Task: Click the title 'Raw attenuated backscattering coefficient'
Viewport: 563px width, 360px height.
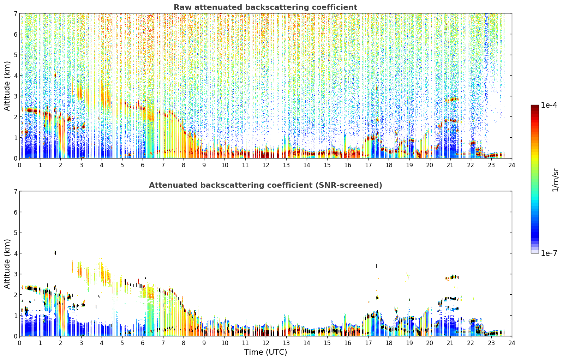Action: click(x=265, y=7)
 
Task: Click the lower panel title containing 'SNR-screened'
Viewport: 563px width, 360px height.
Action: click(x=265, y=185)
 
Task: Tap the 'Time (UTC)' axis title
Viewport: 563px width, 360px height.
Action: click(x=265, y=352)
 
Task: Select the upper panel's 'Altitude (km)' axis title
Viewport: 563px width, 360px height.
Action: click(x=7, y=86)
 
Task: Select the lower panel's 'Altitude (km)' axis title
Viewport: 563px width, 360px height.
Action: click(x=7, y=264)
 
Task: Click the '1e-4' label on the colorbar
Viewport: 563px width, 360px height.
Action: click(x=549, y=105)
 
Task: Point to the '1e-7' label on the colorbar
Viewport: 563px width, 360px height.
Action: click(x=549, y=253)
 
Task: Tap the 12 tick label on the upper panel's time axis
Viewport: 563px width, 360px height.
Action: click(x=266, y=165)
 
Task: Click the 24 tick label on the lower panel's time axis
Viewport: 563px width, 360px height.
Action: click(x=512, y=343)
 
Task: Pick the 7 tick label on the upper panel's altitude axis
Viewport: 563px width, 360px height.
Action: click(x=16, y=13)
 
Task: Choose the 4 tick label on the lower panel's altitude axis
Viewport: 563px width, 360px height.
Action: click(x=16, y=253)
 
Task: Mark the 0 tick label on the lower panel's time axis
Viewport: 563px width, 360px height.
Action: click(x=20, y=343)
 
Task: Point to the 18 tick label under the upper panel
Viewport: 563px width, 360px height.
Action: click(x=389, y=165)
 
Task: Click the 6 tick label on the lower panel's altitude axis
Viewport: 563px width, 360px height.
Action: click(x=16, y=212)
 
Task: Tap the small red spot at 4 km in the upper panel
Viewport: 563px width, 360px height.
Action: click(x=55, y=75)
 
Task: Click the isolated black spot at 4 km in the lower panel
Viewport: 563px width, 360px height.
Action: click(x=55, y=253)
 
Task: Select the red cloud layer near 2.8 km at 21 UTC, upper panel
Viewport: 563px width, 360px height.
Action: click(x=451, y=100)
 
